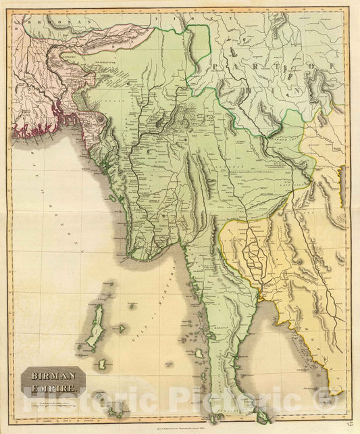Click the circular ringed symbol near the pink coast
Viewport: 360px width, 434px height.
[101, 117]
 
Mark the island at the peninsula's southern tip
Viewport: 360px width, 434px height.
[262, 418]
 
